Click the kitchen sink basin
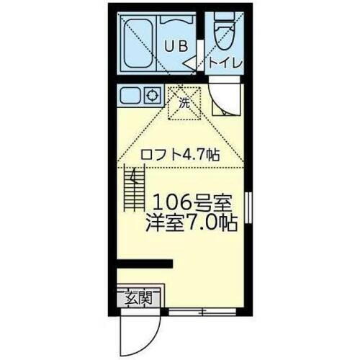132,95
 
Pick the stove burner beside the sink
152,94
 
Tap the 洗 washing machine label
184,103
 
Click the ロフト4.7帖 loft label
180,155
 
